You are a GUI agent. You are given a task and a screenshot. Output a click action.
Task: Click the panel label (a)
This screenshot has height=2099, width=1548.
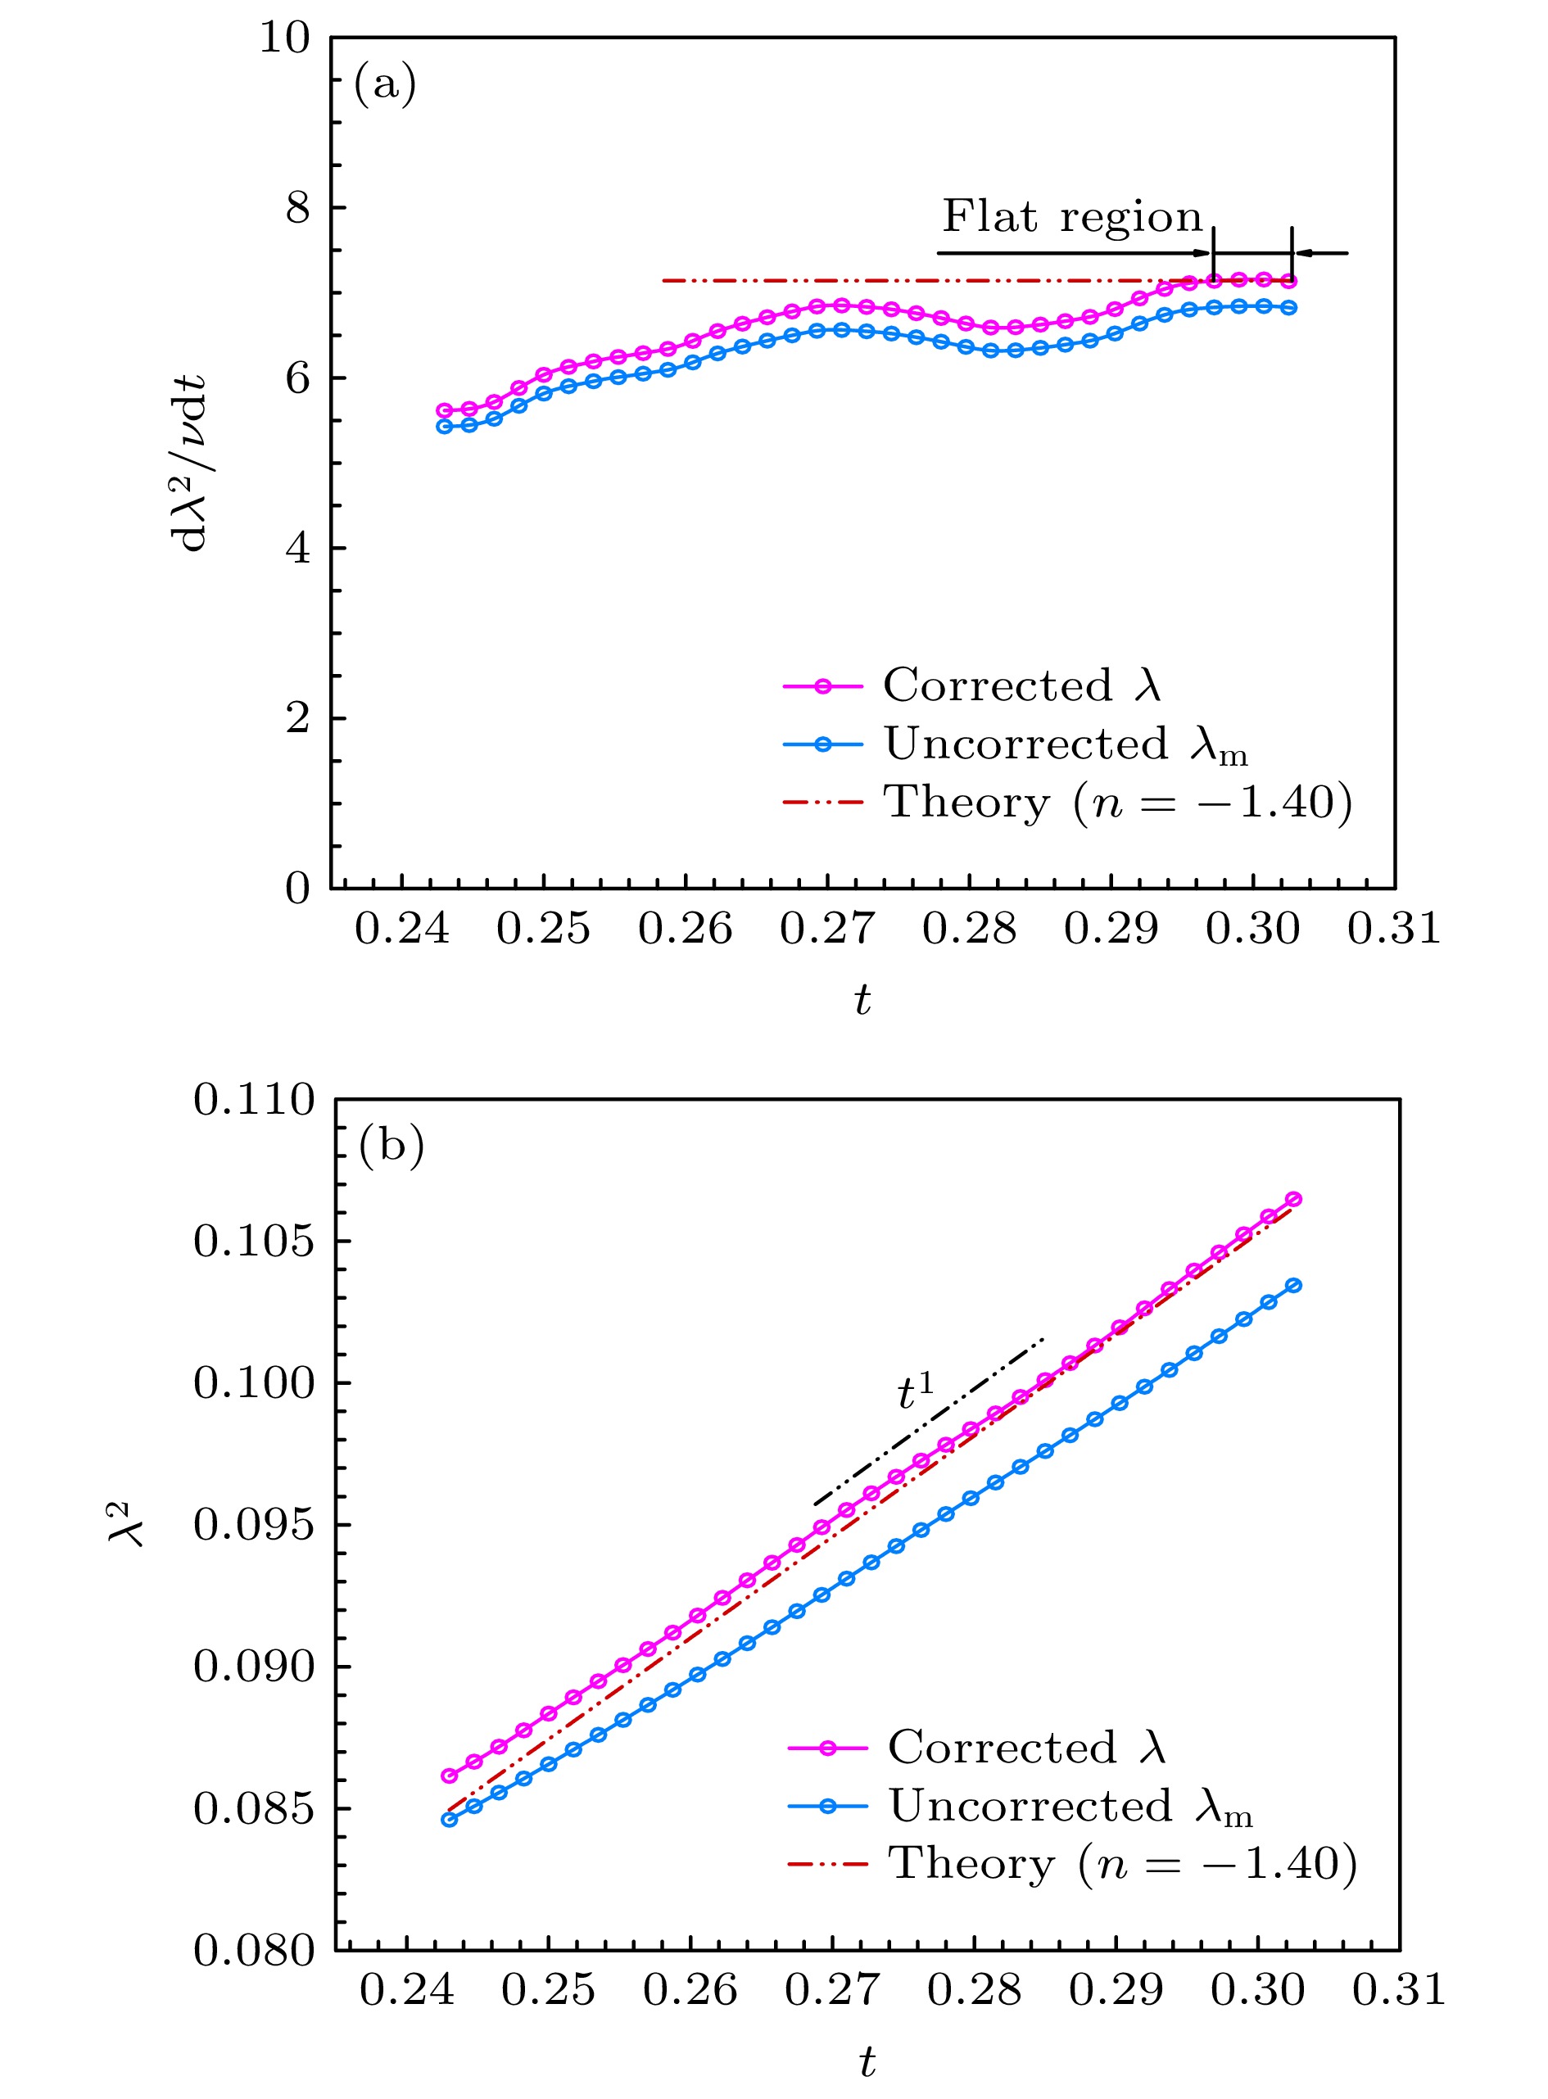(384, 85)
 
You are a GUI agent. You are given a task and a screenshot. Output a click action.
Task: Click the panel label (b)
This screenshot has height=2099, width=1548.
(391, 1145)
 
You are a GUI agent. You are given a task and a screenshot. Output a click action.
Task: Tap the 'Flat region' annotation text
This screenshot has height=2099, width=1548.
(1071, 217)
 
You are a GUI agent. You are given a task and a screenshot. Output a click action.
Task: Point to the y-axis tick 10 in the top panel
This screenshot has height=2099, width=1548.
(284, 39)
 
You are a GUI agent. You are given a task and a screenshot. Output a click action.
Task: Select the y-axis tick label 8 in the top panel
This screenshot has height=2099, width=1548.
(297, 208)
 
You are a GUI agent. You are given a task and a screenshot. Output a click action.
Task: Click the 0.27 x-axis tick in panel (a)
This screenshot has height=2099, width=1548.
(827, 929)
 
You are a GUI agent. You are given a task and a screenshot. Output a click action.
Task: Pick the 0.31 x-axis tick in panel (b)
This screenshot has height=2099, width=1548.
(1398, 1989)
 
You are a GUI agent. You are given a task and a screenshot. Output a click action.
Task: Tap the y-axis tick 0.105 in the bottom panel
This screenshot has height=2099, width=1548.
(254, 1242)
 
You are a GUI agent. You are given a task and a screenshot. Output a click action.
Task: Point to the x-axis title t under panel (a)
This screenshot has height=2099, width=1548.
(862, 1001)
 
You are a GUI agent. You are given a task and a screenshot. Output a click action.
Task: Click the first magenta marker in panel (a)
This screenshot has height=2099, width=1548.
(445, 410)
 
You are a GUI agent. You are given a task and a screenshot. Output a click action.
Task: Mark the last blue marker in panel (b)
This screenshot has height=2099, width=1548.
(1294, 1286)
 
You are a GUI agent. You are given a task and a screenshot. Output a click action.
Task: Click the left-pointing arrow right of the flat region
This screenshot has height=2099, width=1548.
(1322, 253)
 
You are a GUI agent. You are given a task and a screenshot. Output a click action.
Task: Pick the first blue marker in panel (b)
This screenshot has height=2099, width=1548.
(450, 1820)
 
